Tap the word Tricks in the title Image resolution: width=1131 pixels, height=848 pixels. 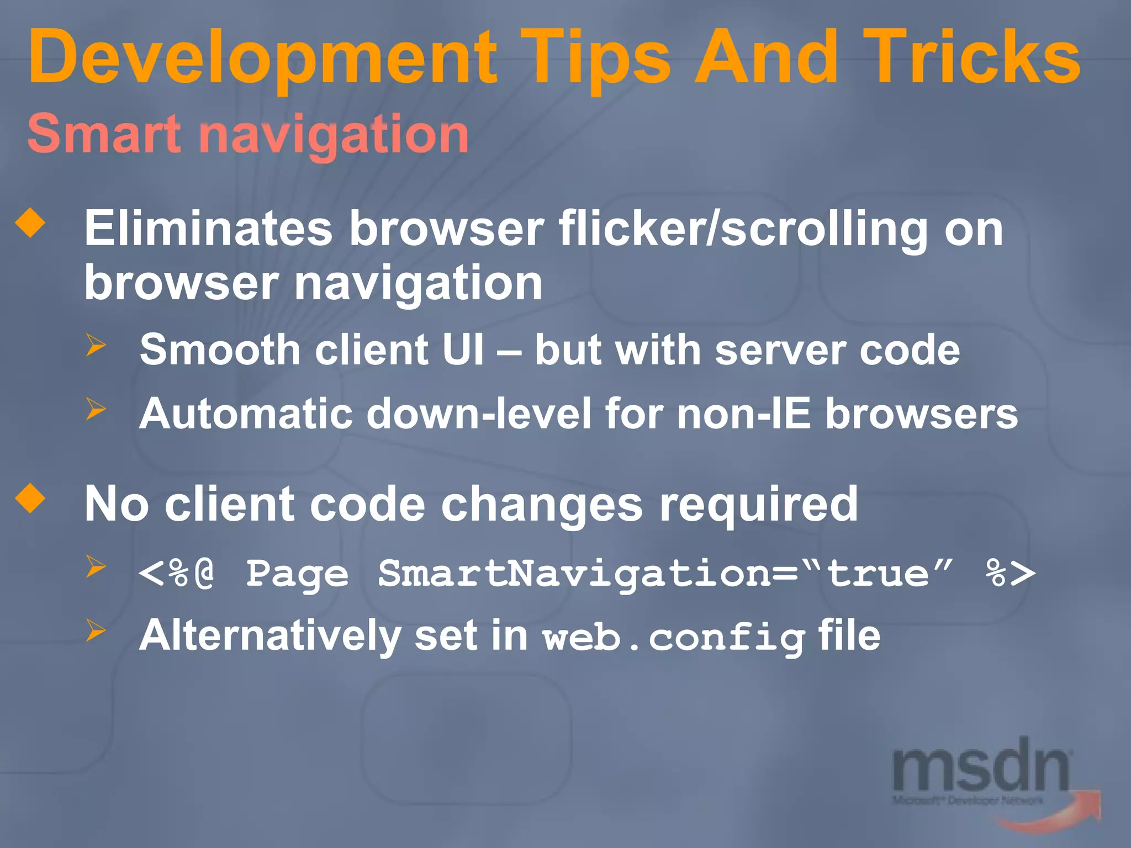click(971, 58)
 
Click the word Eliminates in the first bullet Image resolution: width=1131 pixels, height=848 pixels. click(209, 229)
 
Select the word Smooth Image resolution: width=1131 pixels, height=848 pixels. click(220, 350)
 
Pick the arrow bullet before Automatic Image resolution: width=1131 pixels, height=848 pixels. click(96, 409)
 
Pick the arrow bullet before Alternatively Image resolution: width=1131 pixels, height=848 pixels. click(96, 630)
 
